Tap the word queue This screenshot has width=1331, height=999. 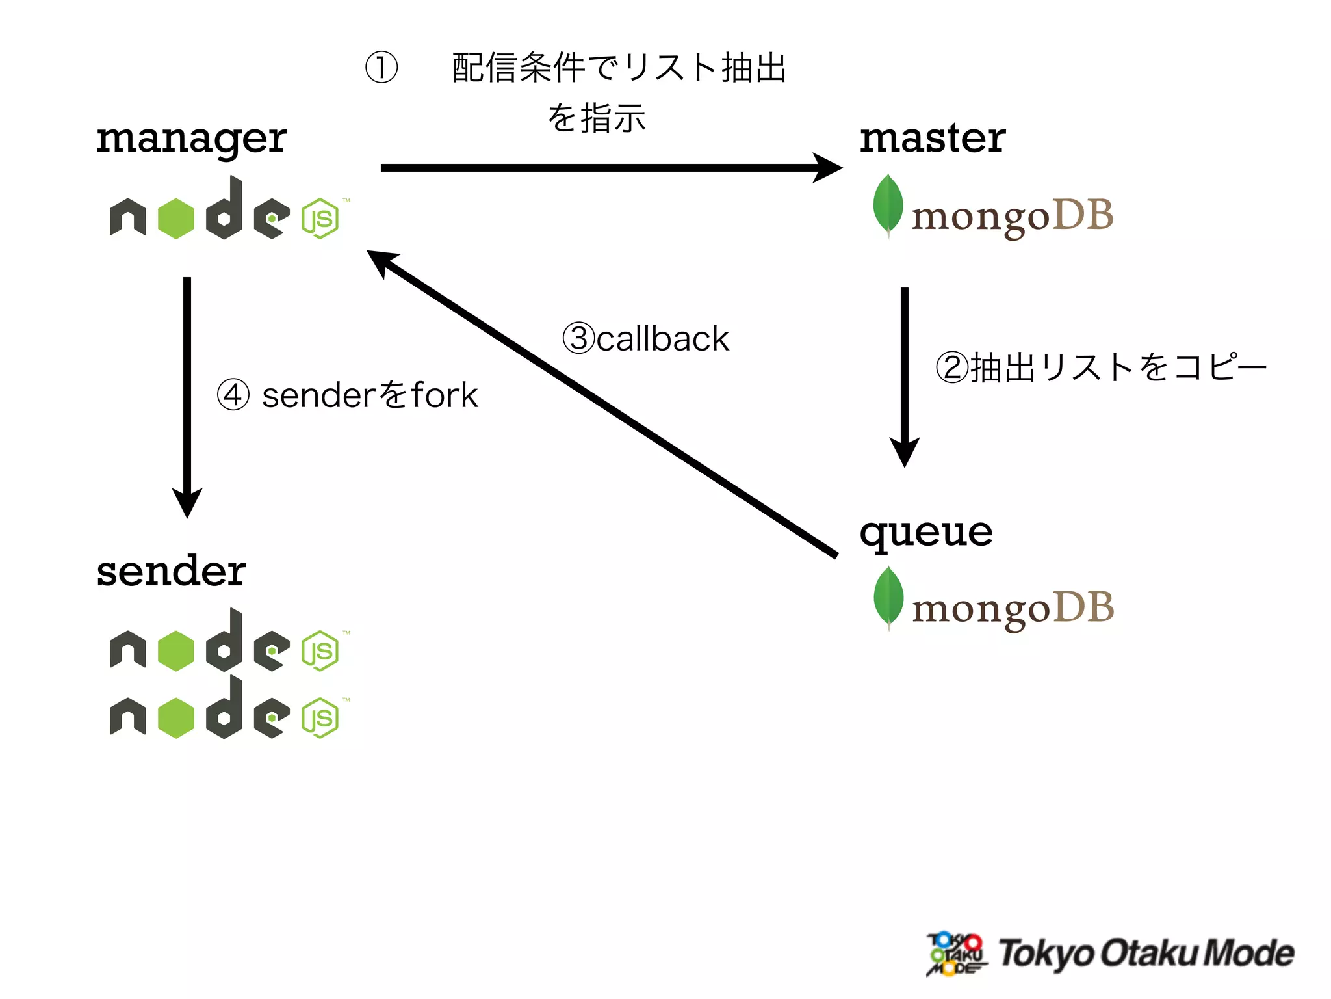[x=925, y=533]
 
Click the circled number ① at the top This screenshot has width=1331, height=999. [x=381, y=68]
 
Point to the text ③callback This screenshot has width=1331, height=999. [x=645, y=338]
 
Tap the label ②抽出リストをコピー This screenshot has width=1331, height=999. [x=1101, y=367]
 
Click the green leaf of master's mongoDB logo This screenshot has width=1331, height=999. [x=888, y=204]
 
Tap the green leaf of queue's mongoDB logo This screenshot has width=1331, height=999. [x=888, y=596]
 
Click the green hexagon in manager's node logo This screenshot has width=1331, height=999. [x=175, y=219]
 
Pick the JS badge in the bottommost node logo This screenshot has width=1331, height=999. [x=320, y=718]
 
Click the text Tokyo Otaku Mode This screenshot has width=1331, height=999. [x=1145, y=953]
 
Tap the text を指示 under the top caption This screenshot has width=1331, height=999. [x=596, y=118]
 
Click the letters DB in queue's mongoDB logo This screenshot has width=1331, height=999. [x=1083, y=607]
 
